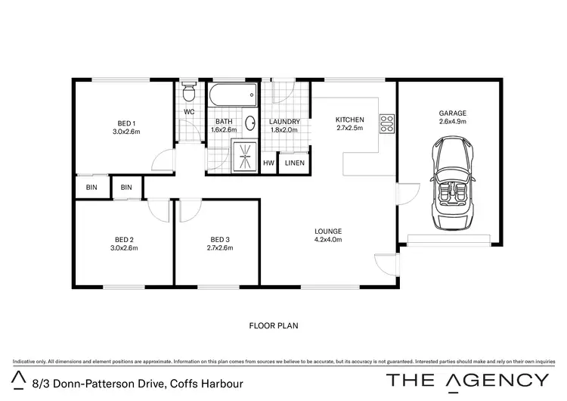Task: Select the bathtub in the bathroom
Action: point(232,97)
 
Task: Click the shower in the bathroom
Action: point(243,155)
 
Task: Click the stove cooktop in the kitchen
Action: point(386,120)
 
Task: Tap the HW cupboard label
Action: point(268,163)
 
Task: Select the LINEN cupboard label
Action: point(294,163)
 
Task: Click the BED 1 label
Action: point(126,123)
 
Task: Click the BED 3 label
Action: point(220,239)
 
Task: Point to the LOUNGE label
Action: point(329,231)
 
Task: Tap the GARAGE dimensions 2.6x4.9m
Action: point(453,121)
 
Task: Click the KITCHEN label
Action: point(350,120)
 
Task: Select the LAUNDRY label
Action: point(285,122)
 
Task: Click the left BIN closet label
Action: point(91,187)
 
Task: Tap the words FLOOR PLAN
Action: point(274,326)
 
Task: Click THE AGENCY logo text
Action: point(468,380)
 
